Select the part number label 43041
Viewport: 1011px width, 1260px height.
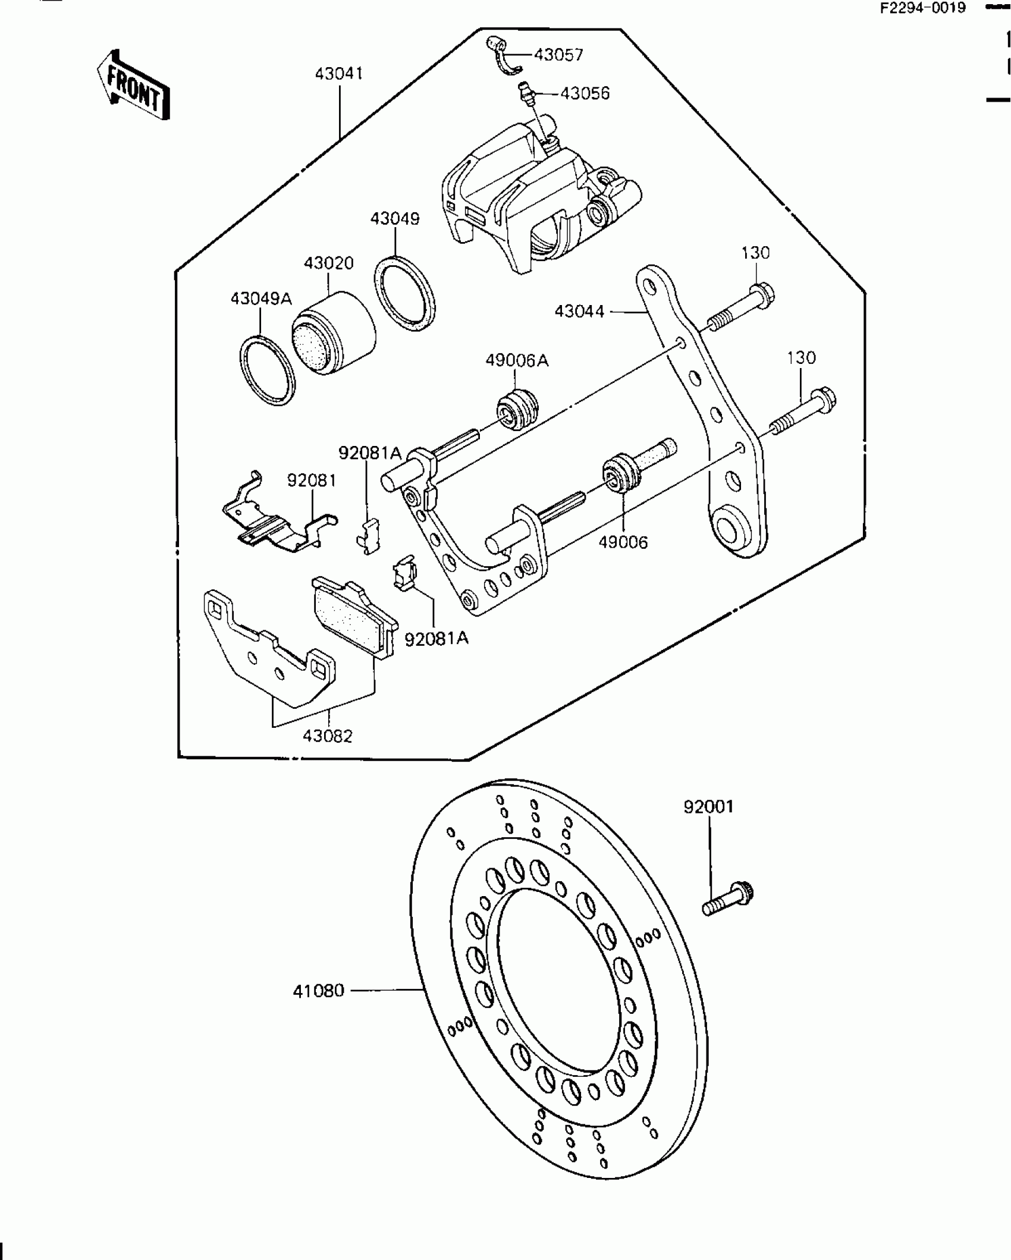tap(338, 74)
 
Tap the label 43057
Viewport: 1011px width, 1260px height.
tap(558, 55)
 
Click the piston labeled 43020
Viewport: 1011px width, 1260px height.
tap(334, 333)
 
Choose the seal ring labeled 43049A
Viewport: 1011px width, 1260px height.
tap(268, 370)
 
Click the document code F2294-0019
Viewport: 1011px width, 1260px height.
tap(924, 8)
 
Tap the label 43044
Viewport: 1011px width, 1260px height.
tap(579, 311)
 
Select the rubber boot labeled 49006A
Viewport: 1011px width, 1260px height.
tap(517, 409)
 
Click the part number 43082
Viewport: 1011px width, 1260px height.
tap(327, 736)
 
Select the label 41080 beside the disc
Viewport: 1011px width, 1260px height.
tap(318, 991)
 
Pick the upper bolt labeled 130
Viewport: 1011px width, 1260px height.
tap(740, 307)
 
